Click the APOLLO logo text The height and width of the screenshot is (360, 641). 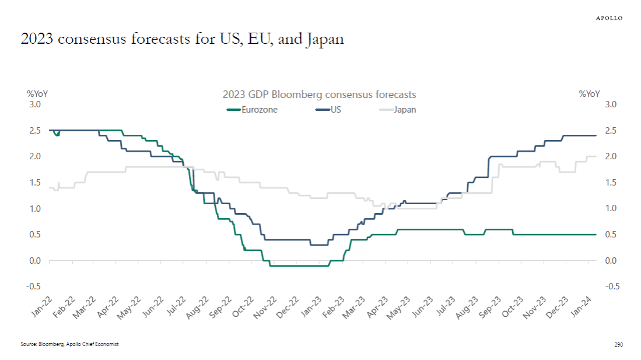coord(609,18)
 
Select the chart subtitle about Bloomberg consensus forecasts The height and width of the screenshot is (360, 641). coord(319,95)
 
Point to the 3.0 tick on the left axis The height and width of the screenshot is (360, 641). coord(34,104)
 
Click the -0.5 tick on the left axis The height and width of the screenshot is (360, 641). coord(33,286)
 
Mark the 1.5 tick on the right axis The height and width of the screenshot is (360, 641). coord(611,183)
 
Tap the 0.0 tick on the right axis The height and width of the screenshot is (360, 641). coord(611,260)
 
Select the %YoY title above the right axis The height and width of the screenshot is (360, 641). coord(589,93)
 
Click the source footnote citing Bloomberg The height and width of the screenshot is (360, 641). coord(69,344)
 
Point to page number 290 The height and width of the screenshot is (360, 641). coord(619,345)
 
